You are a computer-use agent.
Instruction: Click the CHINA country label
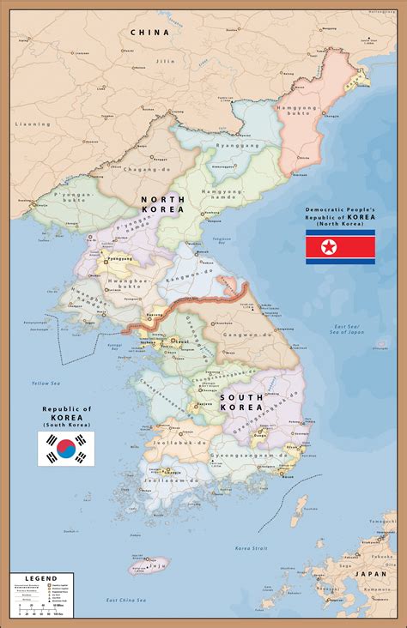[x=150, y=32]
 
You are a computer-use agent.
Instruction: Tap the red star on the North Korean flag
[x=327, y=248]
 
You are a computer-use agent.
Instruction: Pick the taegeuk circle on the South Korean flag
[x=65, y=448]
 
